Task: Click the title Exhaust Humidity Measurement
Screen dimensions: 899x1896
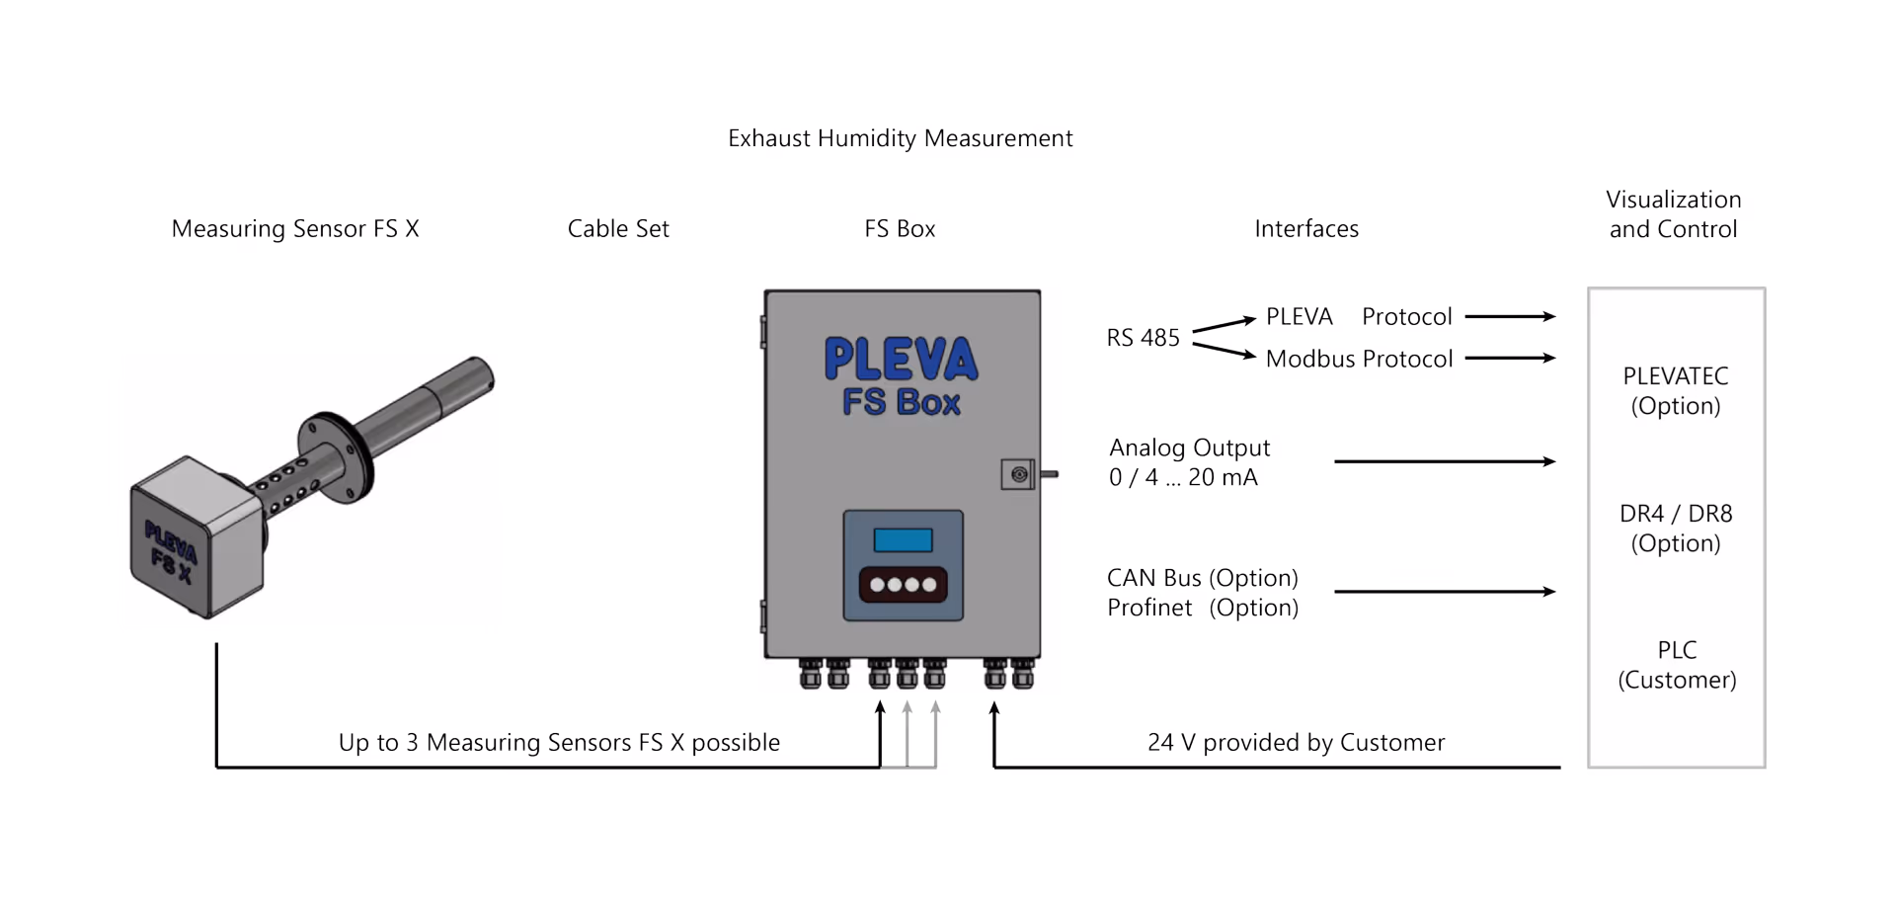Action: [x=900, y=138]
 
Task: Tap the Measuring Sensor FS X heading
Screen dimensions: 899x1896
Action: [x=295, y=229]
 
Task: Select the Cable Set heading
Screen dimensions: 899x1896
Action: [x=618, y=229]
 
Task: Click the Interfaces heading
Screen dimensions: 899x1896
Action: [x=1305, y=229]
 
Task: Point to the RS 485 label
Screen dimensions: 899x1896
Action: [x=1143, y=338]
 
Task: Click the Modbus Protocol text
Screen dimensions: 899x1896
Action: [x=1359, y=359]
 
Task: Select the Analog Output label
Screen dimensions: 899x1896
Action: [x=1189, y=449]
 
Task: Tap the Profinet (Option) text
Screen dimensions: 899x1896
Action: [x=1202, y=608]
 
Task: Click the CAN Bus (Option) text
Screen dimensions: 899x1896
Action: [x=1202, y=578]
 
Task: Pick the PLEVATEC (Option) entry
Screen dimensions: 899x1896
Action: [x=1675, y=391]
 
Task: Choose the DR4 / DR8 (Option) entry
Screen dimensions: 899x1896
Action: [x=1675, y=529]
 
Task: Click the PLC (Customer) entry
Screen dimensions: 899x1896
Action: [x=1676, y=665]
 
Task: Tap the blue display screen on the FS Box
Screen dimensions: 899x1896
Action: [x=903, y=539]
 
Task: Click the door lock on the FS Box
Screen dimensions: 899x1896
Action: [x=1019, y=475]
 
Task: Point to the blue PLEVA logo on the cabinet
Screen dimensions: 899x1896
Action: [x=901, y=359]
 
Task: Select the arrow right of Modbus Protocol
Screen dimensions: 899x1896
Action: [x=1510, y=358]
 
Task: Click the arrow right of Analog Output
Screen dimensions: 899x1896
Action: [x=1444, y=461]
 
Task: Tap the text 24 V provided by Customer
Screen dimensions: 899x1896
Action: [x=1296, y=743]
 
